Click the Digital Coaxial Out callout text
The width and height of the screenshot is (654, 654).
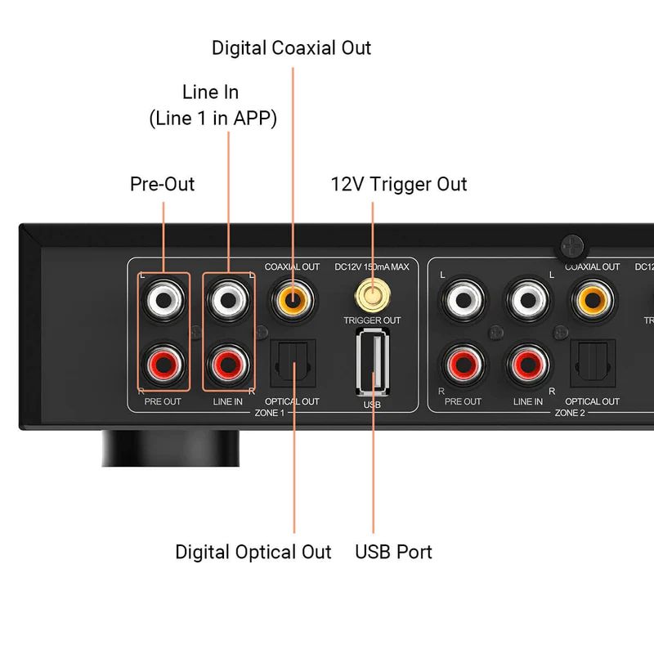[x=292, y=47]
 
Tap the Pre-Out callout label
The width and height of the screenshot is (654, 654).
[x=163, y=184]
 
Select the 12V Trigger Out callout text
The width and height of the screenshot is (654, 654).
[x=398, y=184]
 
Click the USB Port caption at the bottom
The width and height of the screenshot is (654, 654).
[x=393, y=552]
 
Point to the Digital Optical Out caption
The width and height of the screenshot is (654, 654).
[x=253, y=552]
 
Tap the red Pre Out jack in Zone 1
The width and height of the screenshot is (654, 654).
[x=163, y=362]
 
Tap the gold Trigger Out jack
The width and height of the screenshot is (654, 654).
[x=372, y=293]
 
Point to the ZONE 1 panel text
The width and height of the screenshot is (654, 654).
[x=269, y=414]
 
